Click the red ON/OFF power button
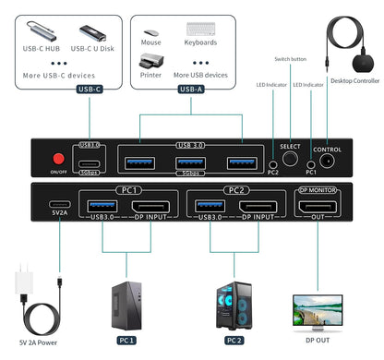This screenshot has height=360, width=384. [57, 156]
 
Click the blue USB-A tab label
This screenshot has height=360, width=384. [190, 90]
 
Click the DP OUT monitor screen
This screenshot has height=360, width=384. [318, 309]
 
